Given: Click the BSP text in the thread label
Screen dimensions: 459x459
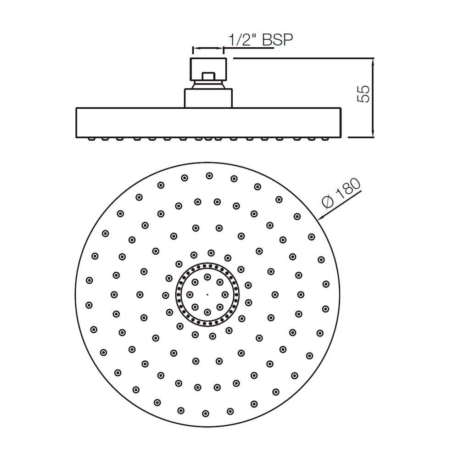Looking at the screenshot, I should coord(277,40).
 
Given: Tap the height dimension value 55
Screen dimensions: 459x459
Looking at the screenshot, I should coord(363,94).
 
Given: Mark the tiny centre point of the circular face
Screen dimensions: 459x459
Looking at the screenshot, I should coord(207,294).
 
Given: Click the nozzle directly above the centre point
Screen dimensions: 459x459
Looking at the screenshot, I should coord(207,277).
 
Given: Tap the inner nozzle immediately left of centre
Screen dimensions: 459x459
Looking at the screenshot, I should coord(190,294).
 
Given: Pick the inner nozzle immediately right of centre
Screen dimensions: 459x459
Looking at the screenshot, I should coord(225,294).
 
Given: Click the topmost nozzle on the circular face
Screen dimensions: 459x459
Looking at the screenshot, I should coord(209,175).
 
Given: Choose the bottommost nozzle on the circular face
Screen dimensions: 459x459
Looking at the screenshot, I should coord(205,413).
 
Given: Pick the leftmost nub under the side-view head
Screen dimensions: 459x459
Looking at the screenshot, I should coord(87,138).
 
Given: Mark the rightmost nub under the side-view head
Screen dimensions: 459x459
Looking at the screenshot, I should coord(328,138).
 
